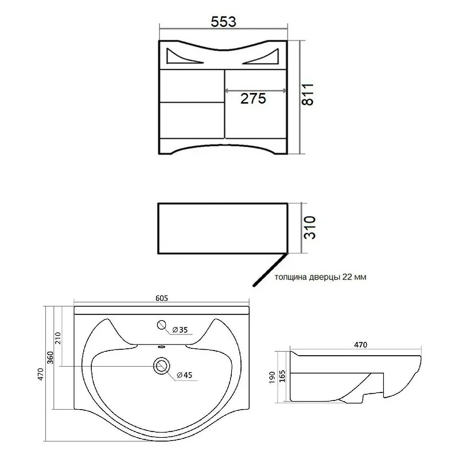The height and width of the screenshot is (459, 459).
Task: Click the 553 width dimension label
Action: point(223,22)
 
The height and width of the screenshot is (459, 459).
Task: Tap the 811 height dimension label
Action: point(308,94)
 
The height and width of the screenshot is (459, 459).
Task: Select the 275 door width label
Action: point(253,98)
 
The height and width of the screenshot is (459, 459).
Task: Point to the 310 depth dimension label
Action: point(310,227)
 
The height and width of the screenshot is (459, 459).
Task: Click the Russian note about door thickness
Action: point(320,277)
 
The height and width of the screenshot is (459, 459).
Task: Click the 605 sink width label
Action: point(162,298)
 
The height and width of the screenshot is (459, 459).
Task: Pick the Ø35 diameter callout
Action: point(180,330)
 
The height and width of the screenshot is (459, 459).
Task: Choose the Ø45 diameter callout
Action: point(184,375)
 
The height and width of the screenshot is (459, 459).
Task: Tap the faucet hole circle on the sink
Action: point(162,325)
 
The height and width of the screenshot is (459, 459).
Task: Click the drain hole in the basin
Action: point(161,365)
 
